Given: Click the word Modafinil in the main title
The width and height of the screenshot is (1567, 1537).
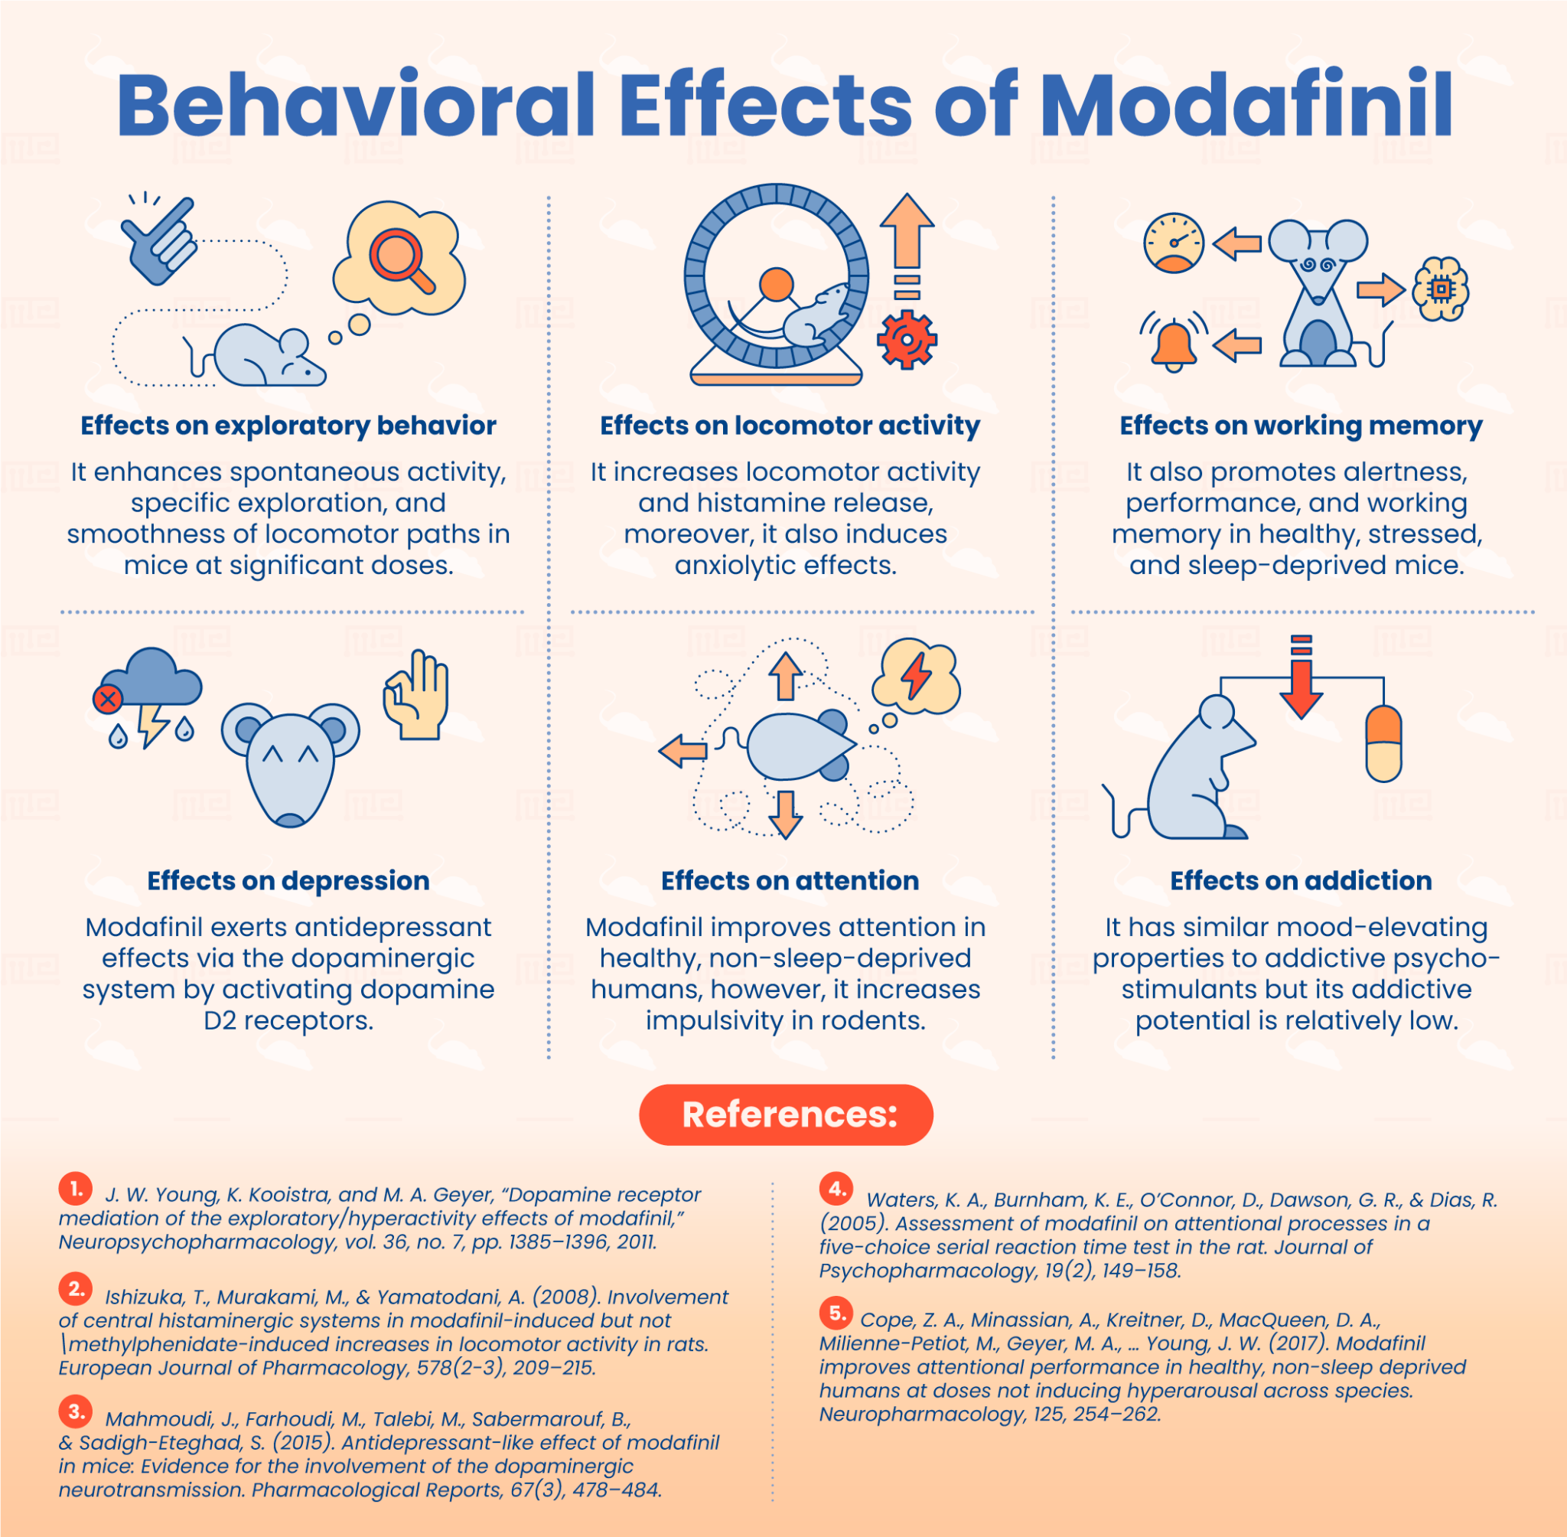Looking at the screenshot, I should [x=1246, y=106].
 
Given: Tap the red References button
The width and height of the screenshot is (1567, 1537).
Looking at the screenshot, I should [x=786, y=1114].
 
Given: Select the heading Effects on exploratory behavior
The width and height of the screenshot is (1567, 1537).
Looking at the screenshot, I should [x=288, y=426].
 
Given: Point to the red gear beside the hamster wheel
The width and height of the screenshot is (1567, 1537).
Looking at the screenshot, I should [x=907, y=339].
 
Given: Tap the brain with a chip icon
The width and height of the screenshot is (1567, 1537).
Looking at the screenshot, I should [x=1440, y=289].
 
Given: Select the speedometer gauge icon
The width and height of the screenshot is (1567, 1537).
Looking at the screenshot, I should [x=1174, y=242].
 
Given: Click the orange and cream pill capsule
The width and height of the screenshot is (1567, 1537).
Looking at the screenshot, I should [x=1383, y=742].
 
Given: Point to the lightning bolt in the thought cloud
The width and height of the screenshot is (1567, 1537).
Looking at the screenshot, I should [x=916, y=677].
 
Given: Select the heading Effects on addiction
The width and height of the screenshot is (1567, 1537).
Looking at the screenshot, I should [x=1301, y=880].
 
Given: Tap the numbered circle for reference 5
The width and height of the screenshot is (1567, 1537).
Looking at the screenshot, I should [x=837, y=1313].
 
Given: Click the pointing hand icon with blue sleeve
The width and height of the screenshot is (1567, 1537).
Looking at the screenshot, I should [x=160, y=240].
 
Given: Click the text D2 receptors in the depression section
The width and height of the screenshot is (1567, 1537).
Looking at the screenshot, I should [x=288, y=1020].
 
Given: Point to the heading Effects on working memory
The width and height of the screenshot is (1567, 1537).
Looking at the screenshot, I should [x=1301, y=426].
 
